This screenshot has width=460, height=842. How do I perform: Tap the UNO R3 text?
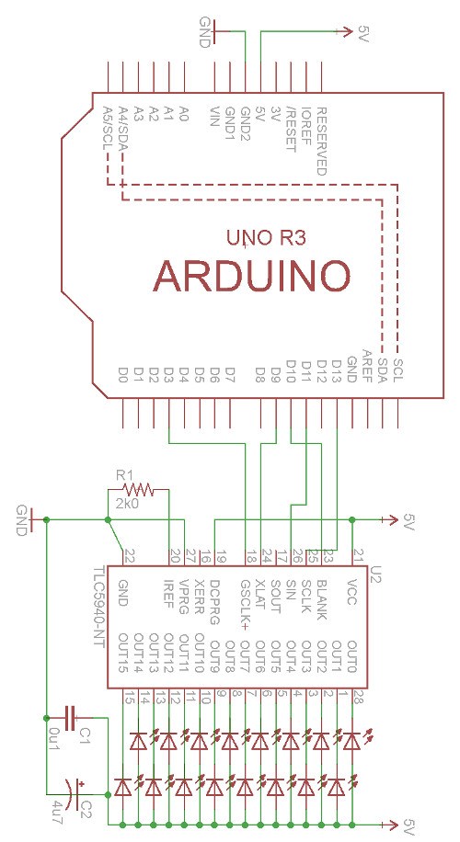pyautogui.click(x=266, y=238)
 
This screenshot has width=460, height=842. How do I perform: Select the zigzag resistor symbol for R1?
pyautogui.click(x=136, y=490)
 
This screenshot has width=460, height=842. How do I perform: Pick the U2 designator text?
pyautogui.click(x=375, y=573)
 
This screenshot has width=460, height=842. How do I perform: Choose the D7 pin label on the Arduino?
pyautogui.click(x=231, y=374)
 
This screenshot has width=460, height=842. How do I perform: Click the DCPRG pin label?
pyautogui.click(x=214, y=597)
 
